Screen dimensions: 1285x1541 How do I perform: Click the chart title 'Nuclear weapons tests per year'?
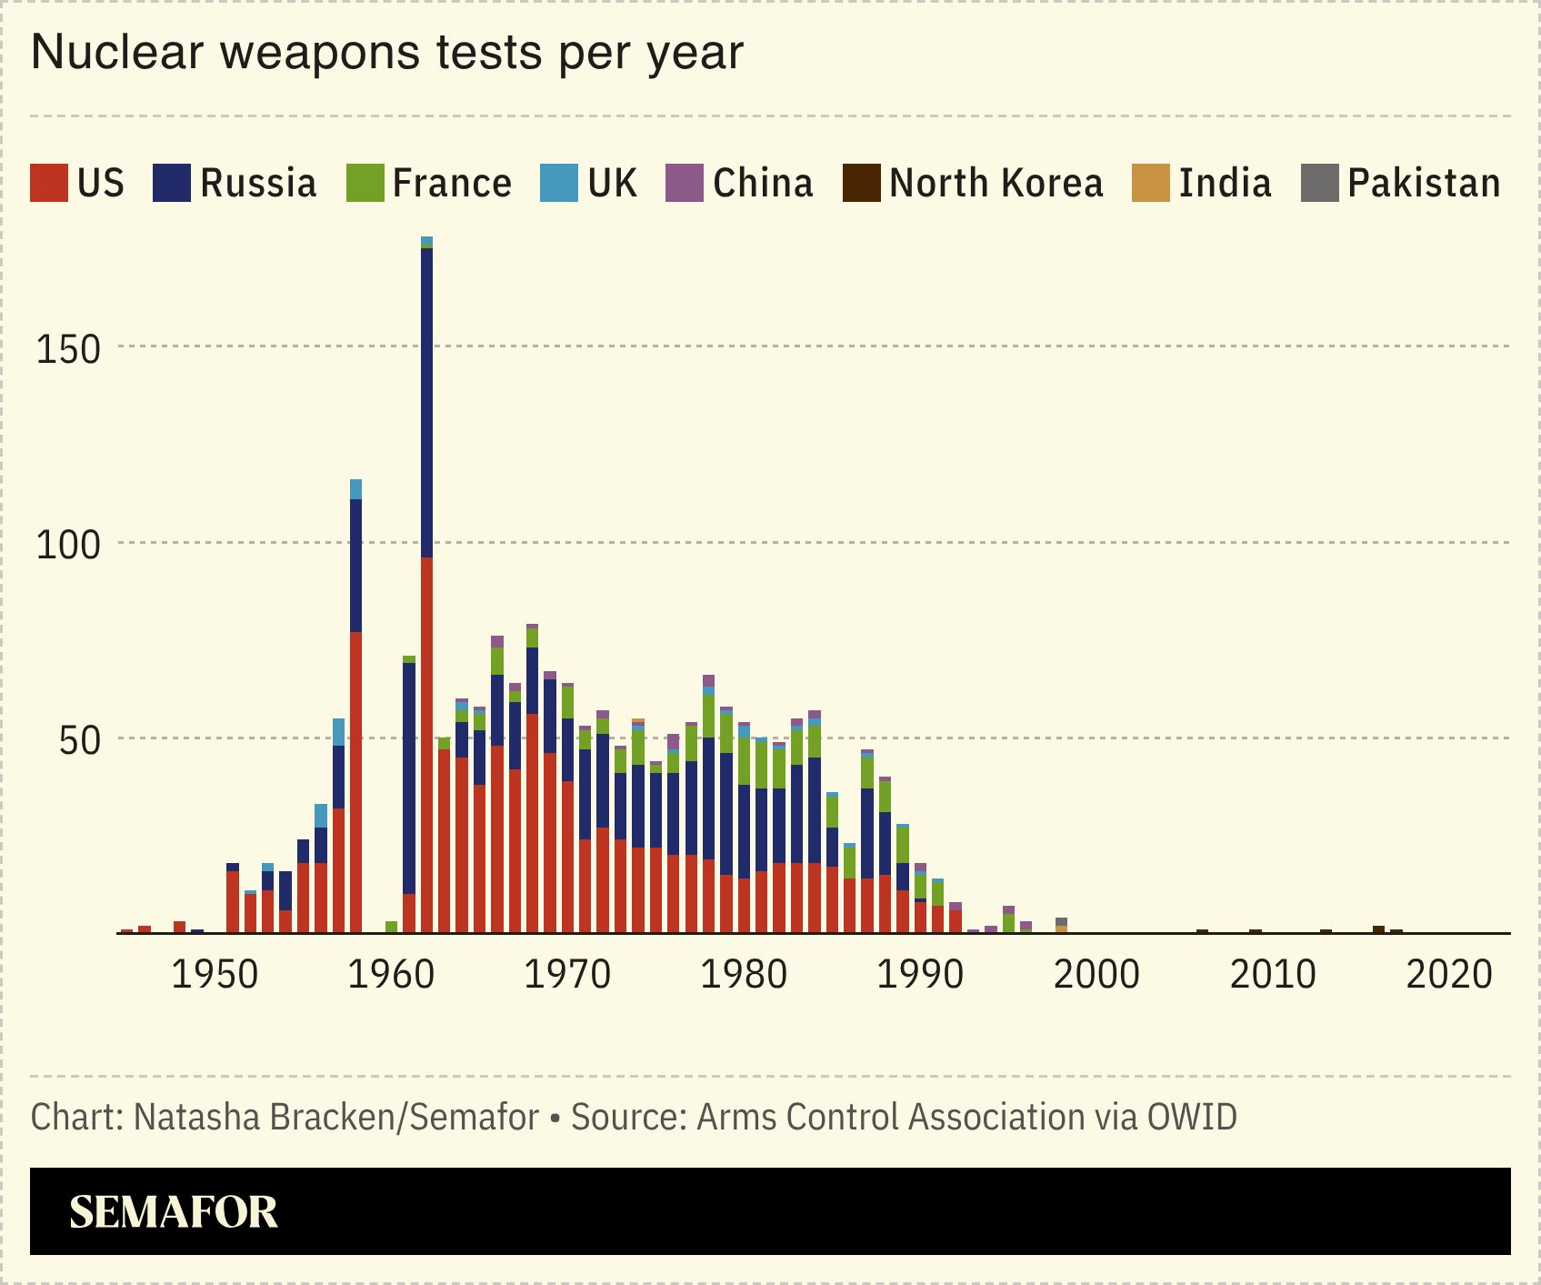click(387, 53)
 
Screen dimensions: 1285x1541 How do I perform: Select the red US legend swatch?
click(48, 183)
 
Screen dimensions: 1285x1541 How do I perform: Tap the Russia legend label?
click(258, 183)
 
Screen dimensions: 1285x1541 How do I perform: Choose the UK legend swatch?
click(558, 183)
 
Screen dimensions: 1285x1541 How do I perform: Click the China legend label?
click(763, 183)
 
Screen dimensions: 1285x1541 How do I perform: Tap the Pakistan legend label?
click(1424, 183)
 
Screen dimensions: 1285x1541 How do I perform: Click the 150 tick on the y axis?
click(67, 349)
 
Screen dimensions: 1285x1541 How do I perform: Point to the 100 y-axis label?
click(67, 545)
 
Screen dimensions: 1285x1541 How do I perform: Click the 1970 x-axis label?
click(567, 975)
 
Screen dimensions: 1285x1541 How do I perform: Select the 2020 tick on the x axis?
click(1449, 975)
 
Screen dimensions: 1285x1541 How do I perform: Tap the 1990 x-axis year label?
click(920, 975)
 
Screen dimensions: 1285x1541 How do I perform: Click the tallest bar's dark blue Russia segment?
click(426, 400)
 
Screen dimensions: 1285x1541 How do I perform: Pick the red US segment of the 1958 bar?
click(355, 782)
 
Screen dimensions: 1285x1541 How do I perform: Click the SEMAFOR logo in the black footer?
click(174, 1212)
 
